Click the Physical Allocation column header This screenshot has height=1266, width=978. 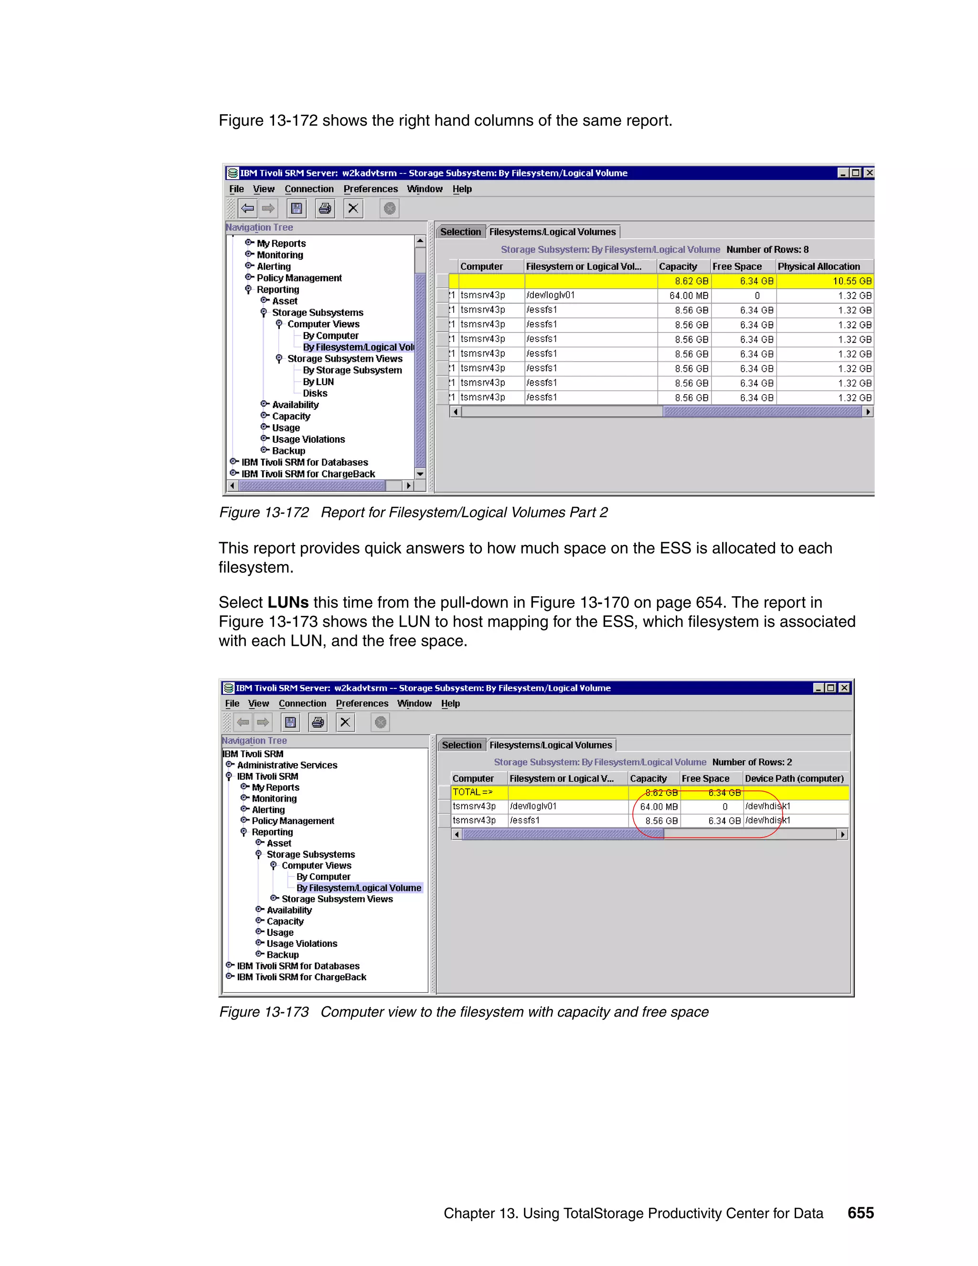(818, 267)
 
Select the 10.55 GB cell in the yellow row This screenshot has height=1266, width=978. (852, 281)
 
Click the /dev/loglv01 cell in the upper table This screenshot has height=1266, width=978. (551, 296)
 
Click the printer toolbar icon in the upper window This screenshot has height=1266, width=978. (325, 209)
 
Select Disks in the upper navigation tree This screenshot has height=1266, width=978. (315, 394)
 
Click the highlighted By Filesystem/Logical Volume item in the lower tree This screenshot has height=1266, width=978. (359, 888)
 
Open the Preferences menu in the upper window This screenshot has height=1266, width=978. (370, 189)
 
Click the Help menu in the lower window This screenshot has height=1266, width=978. (450, 704)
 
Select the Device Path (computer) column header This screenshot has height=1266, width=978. (794, 779)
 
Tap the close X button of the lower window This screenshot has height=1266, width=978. (844, 688)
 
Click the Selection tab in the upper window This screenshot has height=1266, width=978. (461, 232)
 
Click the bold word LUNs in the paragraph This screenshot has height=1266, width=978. (288, 603)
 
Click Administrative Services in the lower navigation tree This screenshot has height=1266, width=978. (287, 765)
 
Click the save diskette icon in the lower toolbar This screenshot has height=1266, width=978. (290, 722)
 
